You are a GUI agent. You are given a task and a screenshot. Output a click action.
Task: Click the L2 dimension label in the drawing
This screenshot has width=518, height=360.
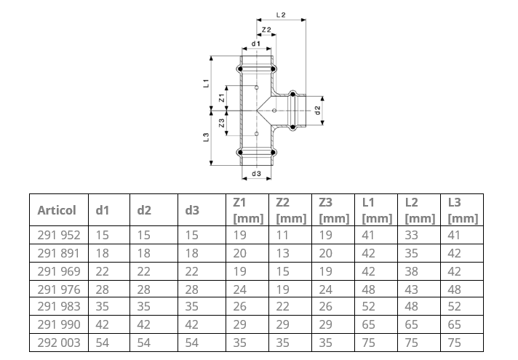point(281,15)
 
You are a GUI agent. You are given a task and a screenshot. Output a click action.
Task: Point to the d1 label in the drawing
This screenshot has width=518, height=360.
point(255,44)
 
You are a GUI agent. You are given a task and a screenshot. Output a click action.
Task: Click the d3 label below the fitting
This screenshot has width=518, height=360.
point(255,174)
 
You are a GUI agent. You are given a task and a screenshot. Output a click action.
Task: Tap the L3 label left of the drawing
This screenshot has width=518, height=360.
point(207,137)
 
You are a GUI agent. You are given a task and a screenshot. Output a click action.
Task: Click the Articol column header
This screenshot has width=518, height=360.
point(57,211)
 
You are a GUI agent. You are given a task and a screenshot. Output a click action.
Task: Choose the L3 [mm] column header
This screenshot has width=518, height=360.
point(463,211)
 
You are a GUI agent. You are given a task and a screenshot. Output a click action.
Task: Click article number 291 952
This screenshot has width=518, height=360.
point(58,236)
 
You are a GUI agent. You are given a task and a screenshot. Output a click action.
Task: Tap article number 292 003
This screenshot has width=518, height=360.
point(58,342)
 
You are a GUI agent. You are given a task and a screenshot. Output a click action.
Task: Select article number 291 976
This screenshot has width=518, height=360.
point(58,289)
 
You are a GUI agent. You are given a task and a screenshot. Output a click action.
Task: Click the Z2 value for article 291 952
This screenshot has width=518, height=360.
point(282,236)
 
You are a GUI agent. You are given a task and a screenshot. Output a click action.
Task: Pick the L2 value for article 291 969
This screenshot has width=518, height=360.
point(411,271)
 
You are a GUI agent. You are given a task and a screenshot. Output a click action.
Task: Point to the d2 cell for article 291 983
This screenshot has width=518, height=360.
point(144,306)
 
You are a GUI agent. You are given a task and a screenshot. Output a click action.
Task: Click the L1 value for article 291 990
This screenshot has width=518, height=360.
point(368,324)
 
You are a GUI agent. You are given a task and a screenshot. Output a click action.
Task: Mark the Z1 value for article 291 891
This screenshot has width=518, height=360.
point(240,253)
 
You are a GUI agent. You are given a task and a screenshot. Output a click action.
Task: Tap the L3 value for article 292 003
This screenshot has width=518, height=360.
point(455,342)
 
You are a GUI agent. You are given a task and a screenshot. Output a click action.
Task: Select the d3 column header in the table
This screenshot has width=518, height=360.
point(191,211)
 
